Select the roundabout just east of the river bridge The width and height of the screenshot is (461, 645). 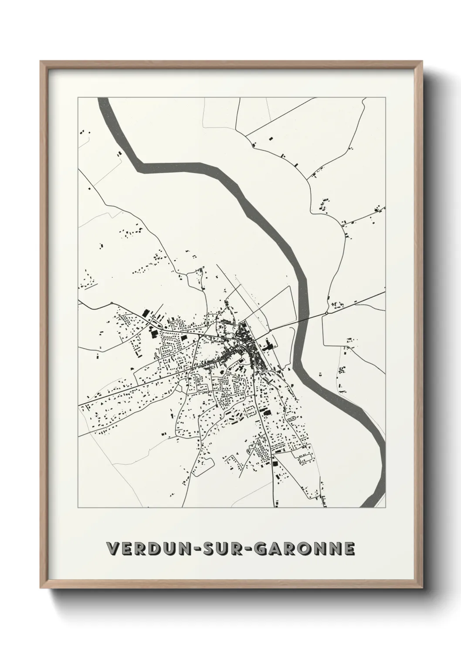point(326,313)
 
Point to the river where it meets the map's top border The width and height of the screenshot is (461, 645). point(103,99)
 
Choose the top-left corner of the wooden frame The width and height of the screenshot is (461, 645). point(41,62)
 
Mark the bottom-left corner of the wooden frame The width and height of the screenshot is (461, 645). point(41,587)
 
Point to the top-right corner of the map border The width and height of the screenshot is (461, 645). point(385,98)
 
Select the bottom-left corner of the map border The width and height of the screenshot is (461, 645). point(78,508)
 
